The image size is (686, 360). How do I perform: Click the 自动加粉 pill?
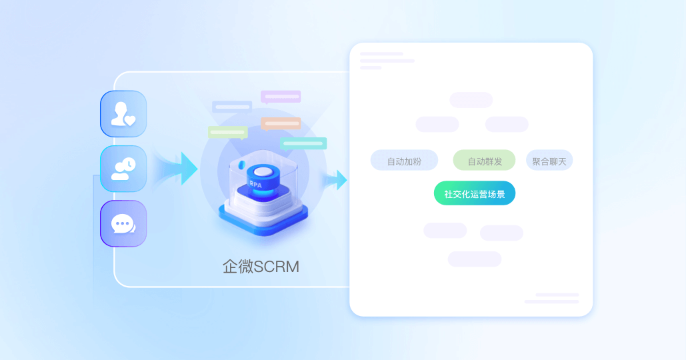coord(404,161)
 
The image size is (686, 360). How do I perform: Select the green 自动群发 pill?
coord(484,161)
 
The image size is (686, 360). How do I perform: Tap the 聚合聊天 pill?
coord(549,161)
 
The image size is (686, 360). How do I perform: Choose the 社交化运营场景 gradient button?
coord(474,193)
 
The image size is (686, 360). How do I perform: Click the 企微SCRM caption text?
coord(261,267)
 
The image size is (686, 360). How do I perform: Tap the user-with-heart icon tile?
coord(123,114)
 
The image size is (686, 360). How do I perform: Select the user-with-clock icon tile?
coord(123,169)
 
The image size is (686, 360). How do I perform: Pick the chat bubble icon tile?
coord(123,223)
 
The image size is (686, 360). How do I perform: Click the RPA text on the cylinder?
coord(255,183)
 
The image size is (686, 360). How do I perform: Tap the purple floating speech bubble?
coord(281,97)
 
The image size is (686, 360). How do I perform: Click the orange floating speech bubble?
coord(281,123)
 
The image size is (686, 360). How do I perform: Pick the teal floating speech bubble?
coord(303,143)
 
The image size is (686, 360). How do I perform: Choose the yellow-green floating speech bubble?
coord(228,132)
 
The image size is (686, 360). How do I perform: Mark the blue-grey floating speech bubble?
coord(232,107)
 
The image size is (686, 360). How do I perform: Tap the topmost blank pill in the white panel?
coord(471,100)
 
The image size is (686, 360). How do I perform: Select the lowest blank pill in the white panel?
coord(474,259)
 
